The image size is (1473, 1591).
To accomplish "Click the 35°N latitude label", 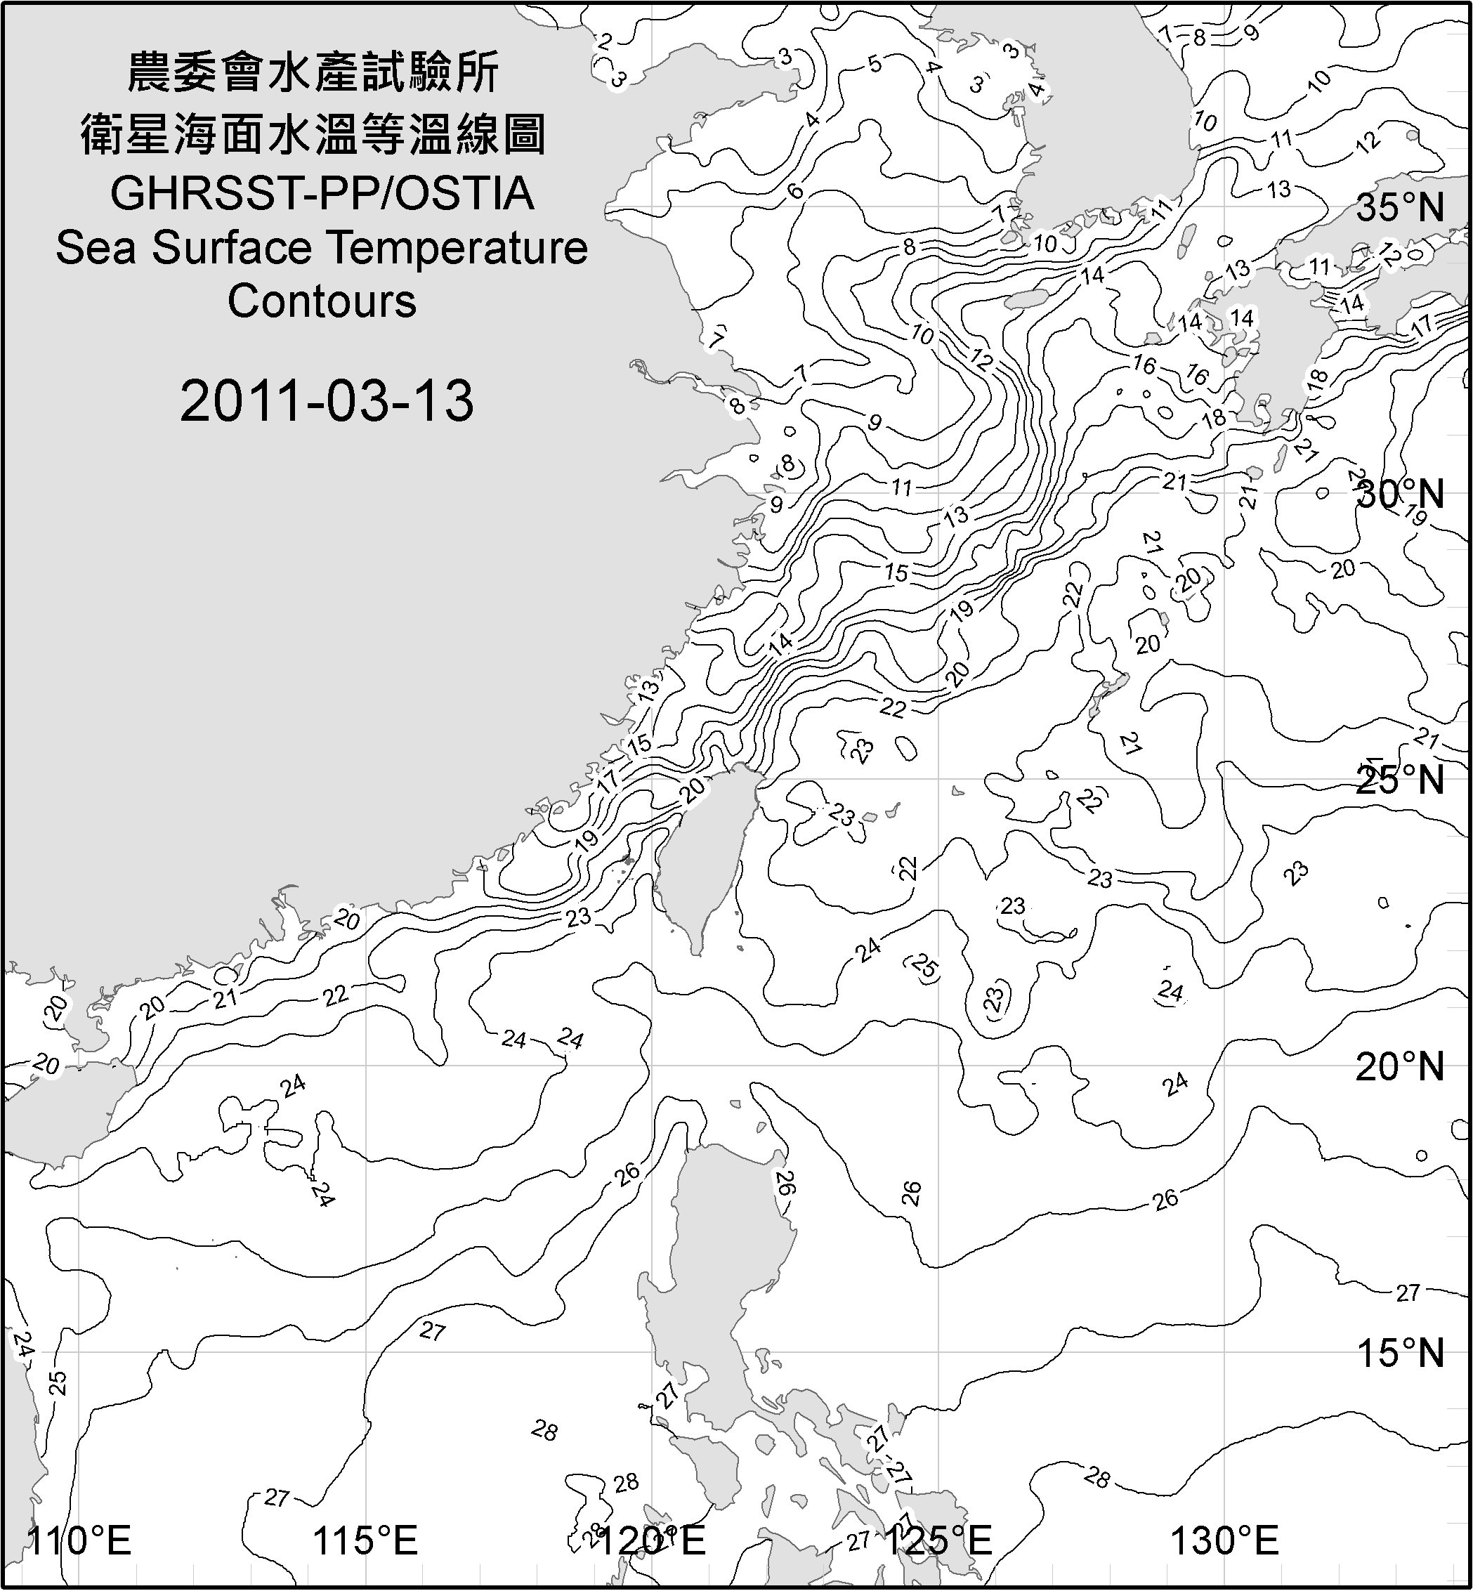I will [1400, 208].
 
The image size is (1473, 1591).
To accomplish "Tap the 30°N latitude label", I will [1400, 495].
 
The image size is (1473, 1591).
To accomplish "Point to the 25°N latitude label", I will [1400, 780].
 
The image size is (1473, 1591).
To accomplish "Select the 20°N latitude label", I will [1400, 1066].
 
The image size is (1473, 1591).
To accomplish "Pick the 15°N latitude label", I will [1400, 1353].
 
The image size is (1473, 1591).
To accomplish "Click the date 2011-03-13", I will [327, 401].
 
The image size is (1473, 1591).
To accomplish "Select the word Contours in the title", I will [322, 301].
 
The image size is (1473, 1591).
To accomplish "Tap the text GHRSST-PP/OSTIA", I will [322, 194].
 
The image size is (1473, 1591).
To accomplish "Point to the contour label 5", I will [875, 64].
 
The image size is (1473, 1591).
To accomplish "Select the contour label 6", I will [794, 190].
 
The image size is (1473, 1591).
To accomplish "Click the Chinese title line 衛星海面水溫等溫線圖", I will [313, 133].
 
